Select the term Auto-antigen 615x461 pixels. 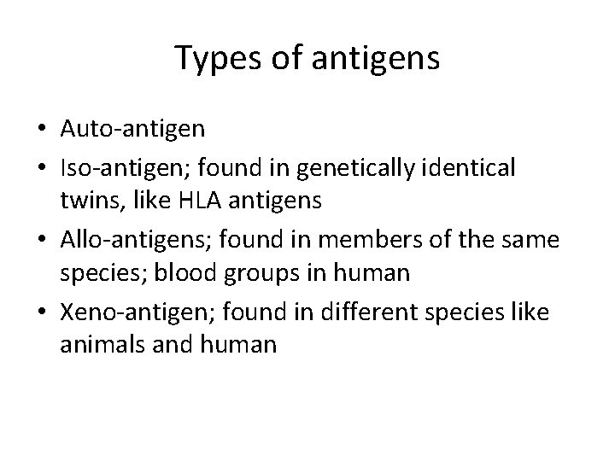click(133, 128)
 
